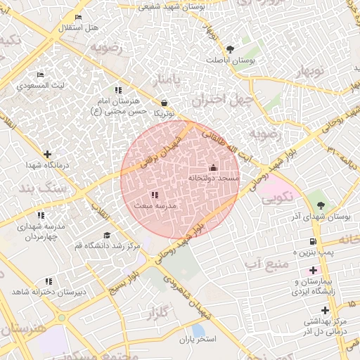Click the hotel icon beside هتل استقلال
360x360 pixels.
tap(77, 17)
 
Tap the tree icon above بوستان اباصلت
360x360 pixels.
tap(230, 49)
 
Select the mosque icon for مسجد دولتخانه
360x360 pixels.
tap(214, 167)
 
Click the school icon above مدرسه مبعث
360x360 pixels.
tap(154, 195)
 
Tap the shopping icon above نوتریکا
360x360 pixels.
tap(164, 102)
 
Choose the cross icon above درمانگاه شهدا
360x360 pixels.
tap(47, 154)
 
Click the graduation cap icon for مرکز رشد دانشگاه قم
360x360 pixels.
tap(107, 235)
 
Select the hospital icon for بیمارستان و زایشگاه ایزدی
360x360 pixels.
tap(313, 270)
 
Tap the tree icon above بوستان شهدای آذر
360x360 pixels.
tap(321, 205)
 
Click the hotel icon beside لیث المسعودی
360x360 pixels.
tap(41, 75)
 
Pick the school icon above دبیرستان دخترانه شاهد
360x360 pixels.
tap(49, 281)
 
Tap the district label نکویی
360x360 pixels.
tap(277, 200)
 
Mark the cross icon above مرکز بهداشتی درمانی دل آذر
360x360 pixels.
tap(324, 310)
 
